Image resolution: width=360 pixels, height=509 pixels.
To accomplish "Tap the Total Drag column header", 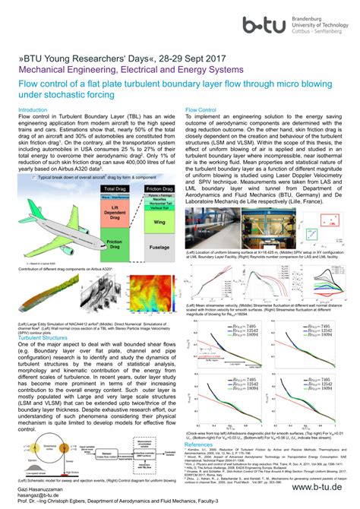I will click(115, 188).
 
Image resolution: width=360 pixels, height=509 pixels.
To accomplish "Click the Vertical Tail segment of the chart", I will click(160, 207).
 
